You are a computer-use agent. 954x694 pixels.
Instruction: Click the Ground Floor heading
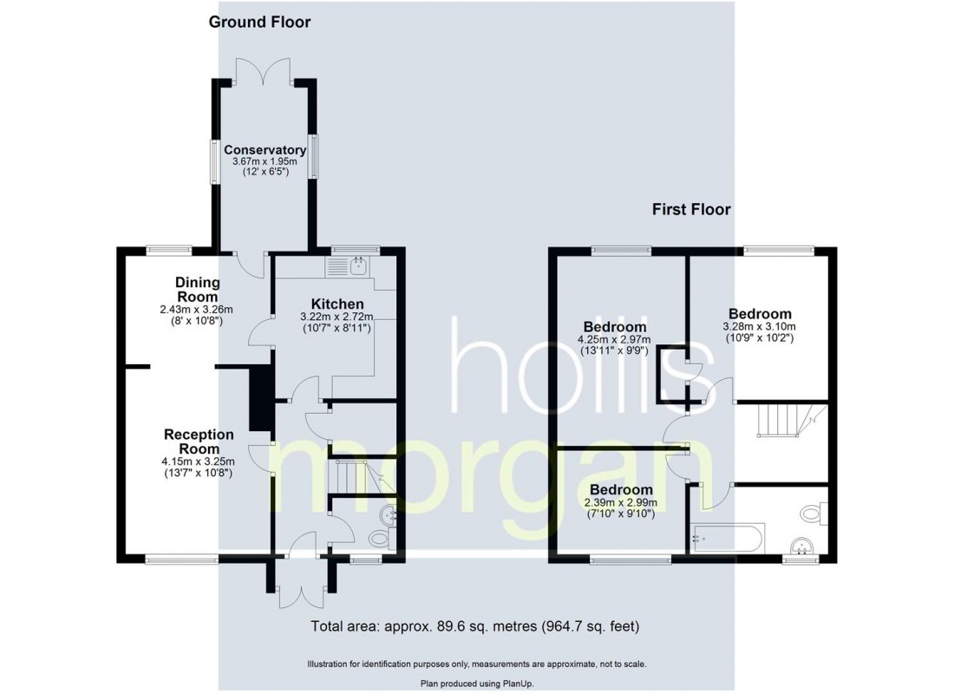pos(259,22)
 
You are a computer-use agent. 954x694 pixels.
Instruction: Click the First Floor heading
pos(691,209)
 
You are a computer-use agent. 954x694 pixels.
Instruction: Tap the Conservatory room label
pos(265,149)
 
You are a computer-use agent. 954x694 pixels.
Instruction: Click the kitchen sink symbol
pos(356,266)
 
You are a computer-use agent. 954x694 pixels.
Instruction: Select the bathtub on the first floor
pos(727,538)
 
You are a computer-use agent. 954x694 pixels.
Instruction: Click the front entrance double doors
pos(299,590)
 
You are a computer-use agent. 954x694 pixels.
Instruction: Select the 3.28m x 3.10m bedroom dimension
pos(760,326)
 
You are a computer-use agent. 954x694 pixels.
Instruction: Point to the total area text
pos(475,625)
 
